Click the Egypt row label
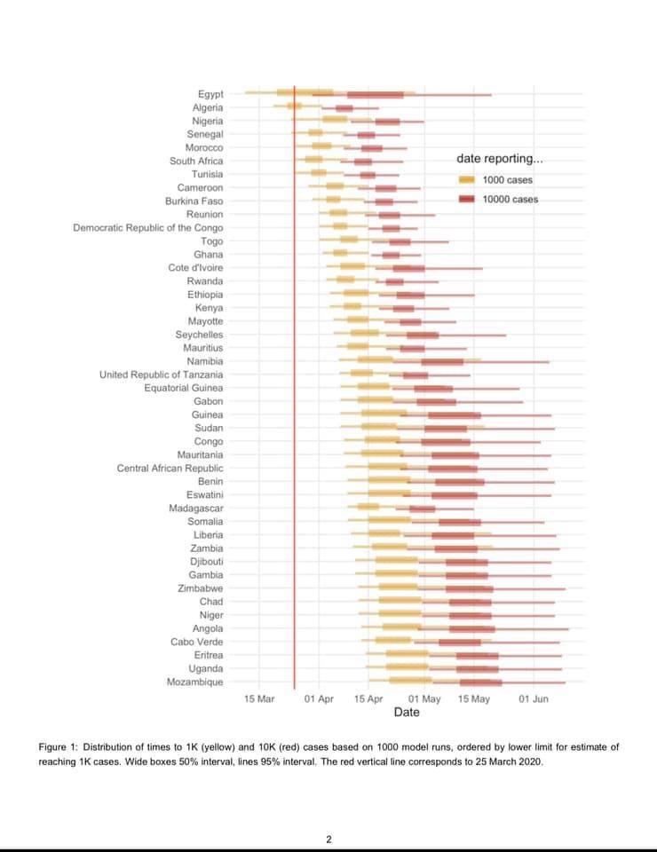tap(210, 94)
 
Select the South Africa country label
tap(196, 162)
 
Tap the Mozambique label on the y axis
tap(194, 682)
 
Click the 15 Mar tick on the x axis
tap(259, 699)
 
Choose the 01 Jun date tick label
tap(534, 699)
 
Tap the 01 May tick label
tap(424, 699)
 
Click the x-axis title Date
tap(407, 712)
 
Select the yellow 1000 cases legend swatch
tap(467, 180)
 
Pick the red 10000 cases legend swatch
tap(467, 200)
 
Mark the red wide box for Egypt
tap(375, 94)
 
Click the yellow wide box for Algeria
tap(294, 107)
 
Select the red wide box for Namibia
tap(442, 361)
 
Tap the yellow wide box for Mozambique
tap(410, 682)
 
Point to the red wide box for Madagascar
tap(422, 509)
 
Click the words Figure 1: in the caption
tap(61, 747)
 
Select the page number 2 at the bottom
tap(328, 839)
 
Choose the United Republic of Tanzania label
tap(161, 375)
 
